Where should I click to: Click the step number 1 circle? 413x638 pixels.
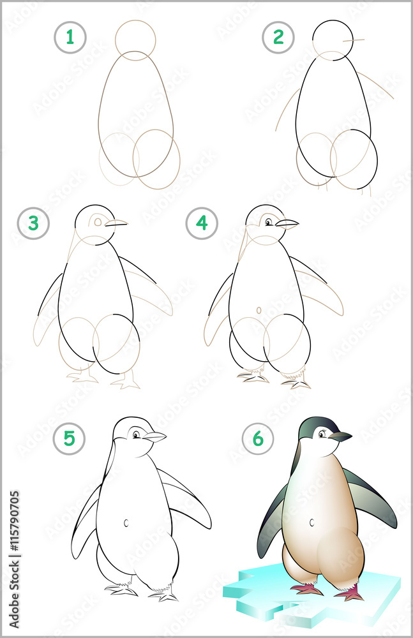click(x=70, y=38)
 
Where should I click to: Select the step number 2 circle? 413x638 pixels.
click(x=278, y=38)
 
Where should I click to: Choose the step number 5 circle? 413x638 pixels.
click(x=70, y=439)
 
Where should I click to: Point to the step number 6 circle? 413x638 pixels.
click(x=258, y=439)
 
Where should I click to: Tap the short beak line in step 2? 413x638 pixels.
click(x=354, y=41)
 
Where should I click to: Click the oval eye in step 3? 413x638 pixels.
click(x=98, y=222)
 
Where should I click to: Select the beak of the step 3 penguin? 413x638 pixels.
click(x=116, y=223)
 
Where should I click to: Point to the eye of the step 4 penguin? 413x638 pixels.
click(x=269, y=222)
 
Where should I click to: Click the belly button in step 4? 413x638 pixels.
click(x=259, y=310)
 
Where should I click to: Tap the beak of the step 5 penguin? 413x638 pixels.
click(x=154, y=437)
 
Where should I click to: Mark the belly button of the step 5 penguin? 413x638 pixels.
click(x=126, y=523)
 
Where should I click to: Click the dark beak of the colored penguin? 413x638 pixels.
click(x=340, y=437)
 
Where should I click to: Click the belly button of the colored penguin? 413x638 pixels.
click(x=312, y=523)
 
